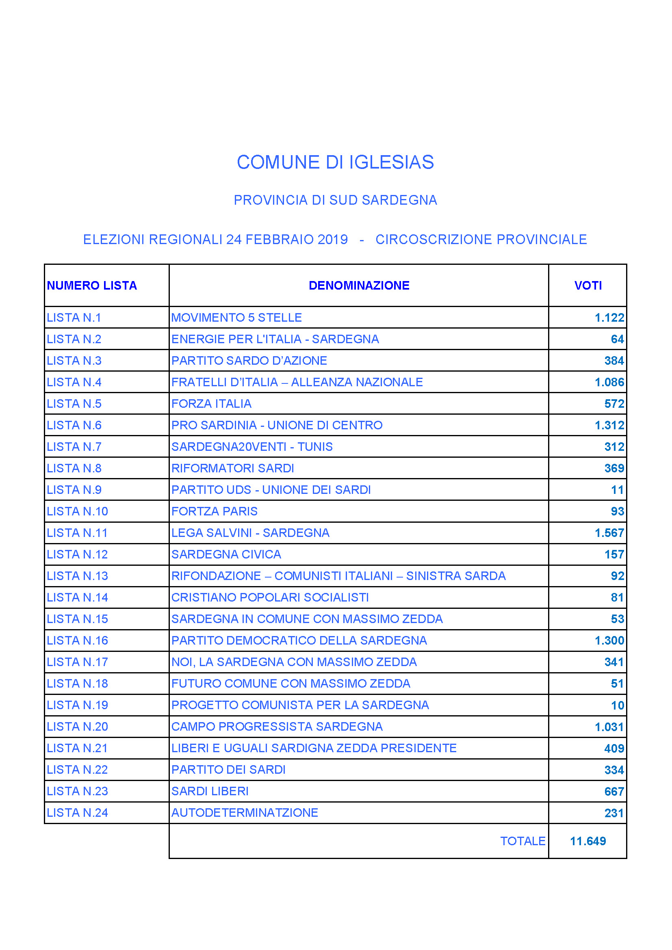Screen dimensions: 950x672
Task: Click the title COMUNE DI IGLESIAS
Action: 335,162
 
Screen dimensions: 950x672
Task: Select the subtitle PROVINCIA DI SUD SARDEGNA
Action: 335,200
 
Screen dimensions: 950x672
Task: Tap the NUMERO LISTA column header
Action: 91,286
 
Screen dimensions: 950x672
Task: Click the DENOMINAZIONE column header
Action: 359,286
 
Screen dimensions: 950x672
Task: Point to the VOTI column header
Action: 587,286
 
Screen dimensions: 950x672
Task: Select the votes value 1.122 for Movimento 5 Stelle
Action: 609,318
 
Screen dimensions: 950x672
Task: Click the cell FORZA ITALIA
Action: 211,404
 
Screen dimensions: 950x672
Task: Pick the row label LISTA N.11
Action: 77,533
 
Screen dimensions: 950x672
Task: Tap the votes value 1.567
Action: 609,533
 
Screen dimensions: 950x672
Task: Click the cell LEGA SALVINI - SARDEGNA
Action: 250,533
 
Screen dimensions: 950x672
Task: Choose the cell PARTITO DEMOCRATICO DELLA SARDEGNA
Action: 299,641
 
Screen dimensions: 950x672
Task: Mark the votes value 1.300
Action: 609,641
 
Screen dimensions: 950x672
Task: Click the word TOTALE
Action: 522,841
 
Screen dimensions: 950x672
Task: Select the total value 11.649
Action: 587,841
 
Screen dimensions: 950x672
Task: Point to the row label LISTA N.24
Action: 77,813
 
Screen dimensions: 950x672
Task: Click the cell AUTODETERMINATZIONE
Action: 245,813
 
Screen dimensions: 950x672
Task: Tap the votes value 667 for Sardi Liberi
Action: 614,791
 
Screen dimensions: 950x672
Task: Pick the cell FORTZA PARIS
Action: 215,511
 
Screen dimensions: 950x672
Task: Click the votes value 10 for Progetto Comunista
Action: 618,705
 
